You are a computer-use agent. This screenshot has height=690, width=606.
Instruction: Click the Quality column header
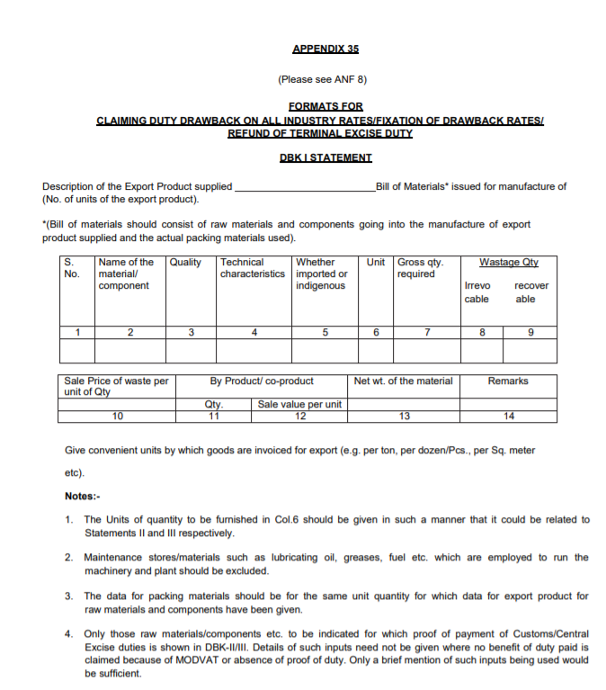tap(186, 263)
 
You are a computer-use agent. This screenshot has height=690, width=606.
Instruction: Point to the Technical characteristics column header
tap(253, 268)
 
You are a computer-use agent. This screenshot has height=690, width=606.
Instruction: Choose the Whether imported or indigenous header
tap(321, 273)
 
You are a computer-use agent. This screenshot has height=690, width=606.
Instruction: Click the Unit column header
tap(376, 263)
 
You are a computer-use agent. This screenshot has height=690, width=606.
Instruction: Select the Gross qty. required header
tap(420, 268)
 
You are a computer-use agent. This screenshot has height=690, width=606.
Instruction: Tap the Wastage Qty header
tap(508, 263)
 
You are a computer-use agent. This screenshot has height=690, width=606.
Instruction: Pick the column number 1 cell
tap(78, 332)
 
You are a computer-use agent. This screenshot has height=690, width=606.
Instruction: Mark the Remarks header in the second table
tap(508, 381)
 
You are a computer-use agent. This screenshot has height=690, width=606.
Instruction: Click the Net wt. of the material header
tap(404, 381)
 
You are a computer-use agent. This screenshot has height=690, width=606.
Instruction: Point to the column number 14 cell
tap(508, 416)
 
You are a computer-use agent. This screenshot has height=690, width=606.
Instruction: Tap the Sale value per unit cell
tap(299, 404)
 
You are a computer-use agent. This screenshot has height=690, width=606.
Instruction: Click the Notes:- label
tap(83, 496)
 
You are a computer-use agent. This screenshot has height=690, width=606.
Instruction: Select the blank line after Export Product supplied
tap(305, 187)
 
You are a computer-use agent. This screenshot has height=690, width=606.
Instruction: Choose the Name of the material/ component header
tap(126, 273)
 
